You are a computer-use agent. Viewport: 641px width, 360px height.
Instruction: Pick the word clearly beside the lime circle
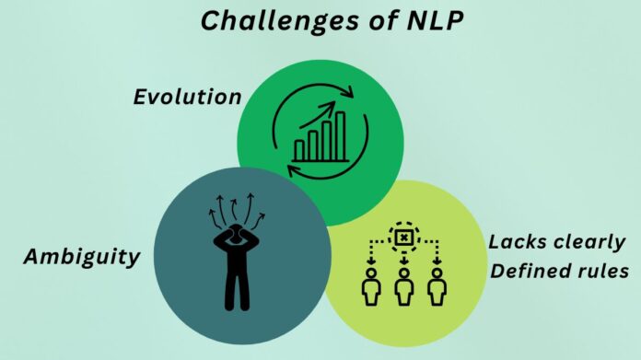589,243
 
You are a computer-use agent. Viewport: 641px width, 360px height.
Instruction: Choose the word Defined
528,271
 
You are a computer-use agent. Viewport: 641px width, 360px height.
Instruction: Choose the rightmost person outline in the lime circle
437,287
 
